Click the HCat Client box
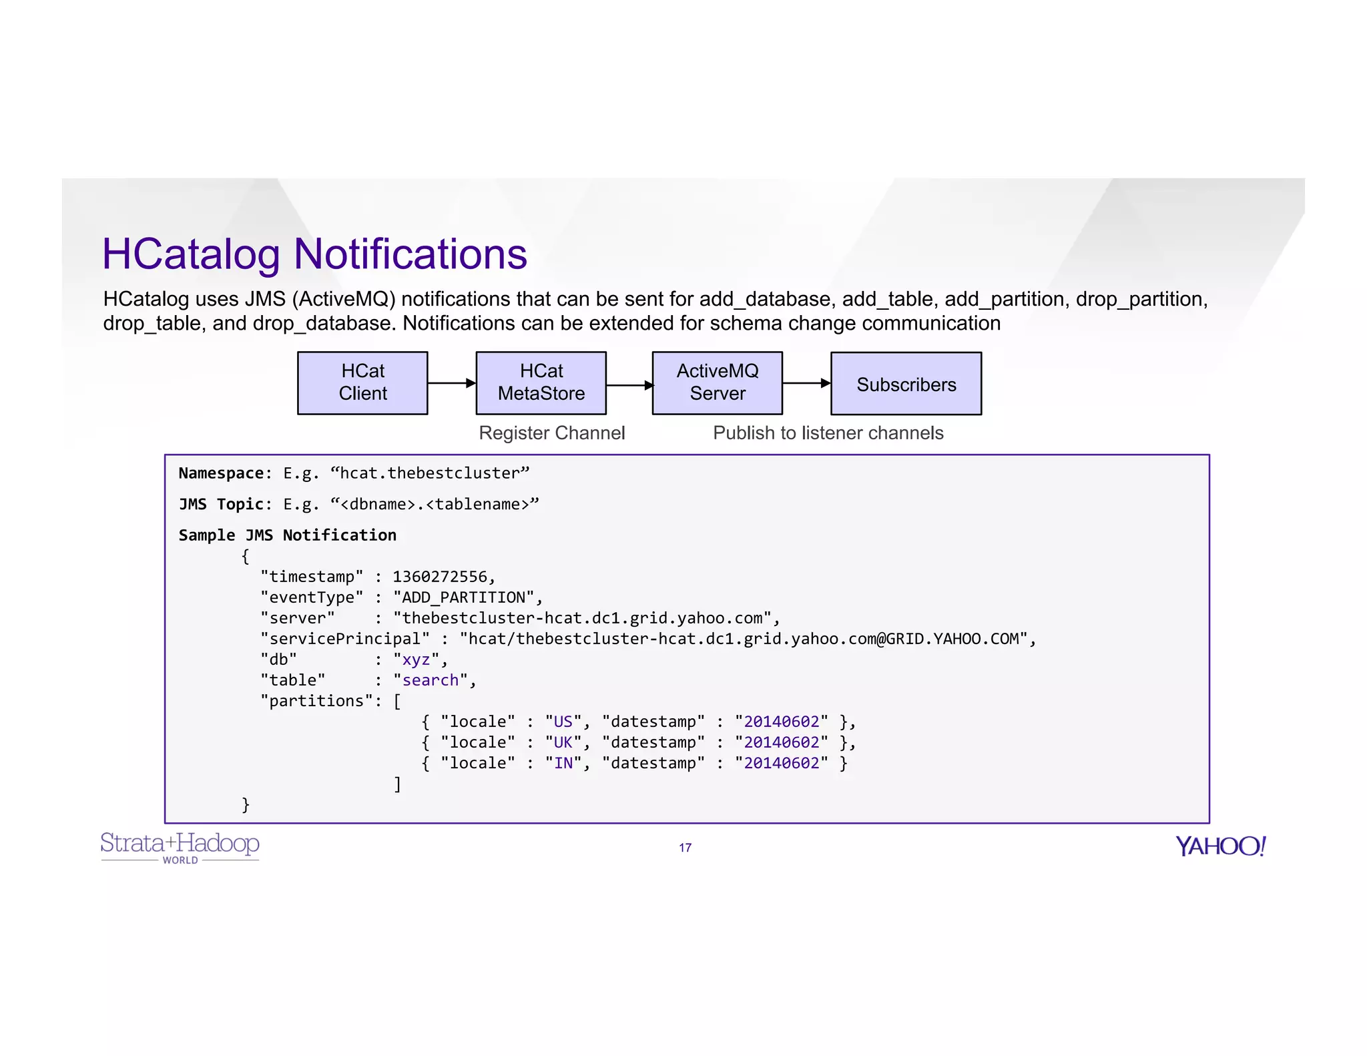point(362,382)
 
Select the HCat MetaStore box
point(541,382)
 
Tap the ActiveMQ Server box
point(717,382)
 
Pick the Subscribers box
point(906,384)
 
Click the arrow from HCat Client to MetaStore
point(451,383)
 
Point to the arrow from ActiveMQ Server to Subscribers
point(806,383)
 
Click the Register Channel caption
point(551,433)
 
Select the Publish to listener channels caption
point(828,433)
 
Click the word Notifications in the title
point(410,254)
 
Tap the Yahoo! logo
point(1220,846)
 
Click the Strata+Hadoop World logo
point(180,847)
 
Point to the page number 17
point(685,847)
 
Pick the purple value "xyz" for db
point(416,659)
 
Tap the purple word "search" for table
point(431,680)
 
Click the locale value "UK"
point(563,742)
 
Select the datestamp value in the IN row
point(781,762)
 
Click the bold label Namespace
point(221,473)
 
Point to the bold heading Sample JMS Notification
point(287,535)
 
